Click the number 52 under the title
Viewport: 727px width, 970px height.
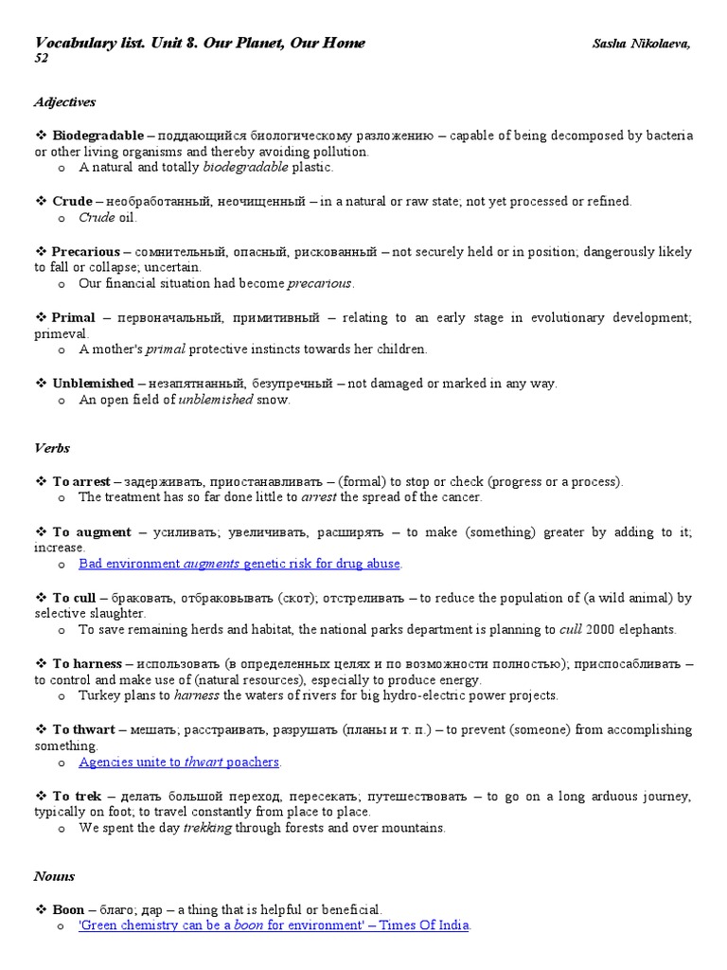[x=42, y=59]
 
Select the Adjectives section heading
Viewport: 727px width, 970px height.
[x=64, y=102]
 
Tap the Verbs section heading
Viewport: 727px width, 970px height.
[x=52, y=448]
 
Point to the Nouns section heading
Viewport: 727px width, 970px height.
[x=54, y=876]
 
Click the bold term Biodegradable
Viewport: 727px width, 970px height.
[x=98, y=135]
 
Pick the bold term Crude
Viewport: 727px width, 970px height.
[x=72, y=201]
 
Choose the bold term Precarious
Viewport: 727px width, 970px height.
[x=86, y=252]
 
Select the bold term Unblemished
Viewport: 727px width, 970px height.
[x=93, y=383]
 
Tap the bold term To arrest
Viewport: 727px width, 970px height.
[x=81, y=481]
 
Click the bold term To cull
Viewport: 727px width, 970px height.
[x=74, y=598]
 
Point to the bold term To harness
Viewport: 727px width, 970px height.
[x=87, y=663]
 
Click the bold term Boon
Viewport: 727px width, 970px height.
[x=69, y=909]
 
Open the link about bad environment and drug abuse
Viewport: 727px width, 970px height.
[x=239, y=564]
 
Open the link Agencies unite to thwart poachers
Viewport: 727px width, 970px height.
[x=179, y=762]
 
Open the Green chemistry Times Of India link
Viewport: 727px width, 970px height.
[x=274, y=925]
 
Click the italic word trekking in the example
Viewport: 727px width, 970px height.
[x=206, y=828]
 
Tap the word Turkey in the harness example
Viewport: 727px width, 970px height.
[x=98, y=695]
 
